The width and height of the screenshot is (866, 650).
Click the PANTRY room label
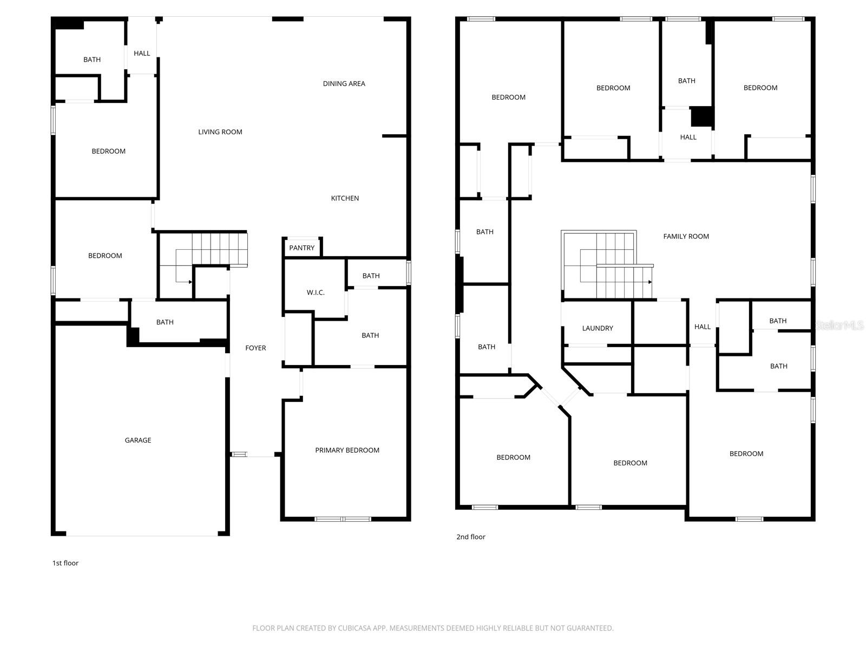(x=301, y=248)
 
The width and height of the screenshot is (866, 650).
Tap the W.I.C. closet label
(x=316, y=292)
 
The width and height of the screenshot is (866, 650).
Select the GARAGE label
(x=138, y=440)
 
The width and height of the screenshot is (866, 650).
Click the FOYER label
(x=255, y=348)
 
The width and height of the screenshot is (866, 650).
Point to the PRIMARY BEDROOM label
(x=347, y=450)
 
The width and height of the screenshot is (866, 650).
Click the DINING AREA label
(x=344, y=83)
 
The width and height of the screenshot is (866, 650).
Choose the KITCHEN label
(x=345, y=198)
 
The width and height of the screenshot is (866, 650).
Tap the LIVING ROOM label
(x=220, y=132)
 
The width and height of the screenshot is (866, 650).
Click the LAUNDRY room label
(x=598, y=328)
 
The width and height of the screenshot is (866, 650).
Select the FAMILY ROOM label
(x=686, y=236)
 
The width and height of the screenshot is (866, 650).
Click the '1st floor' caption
(x=65, y=563)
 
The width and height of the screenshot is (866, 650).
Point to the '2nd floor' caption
(x=470, y=537)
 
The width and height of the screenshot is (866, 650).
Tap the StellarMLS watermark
(x=839, y=325)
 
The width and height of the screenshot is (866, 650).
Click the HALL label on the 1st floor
(x=142, y=53)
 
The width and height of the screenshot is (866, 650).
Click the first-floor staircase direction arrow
(x=189, y=282)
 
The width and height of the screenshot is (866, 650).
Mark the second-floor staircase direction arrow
(x=649, y=282)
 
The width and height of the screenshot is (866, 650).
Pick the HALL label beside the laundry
(x=702, y=327)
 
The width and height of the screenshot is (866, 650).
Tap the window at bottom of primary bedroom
(x=343, y=519)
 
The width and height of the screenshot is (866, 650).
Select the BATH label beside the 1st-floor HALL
(x=92, y=60)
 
